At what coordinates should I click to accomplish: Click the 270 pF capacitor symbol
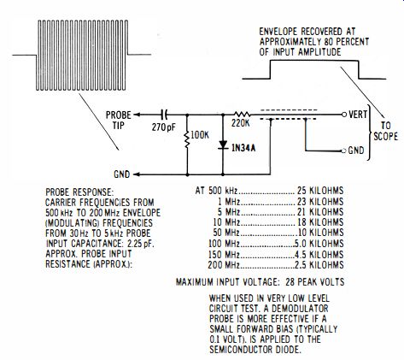(164, 115)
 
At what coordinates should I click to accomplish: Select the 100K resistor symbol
(187, 139)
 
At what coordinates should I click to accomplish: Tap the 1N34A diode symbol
(223, 145)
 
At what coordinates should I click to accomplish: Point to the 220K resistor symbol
(242, 115)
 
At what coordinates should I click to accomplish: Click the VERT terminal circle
(344, 115)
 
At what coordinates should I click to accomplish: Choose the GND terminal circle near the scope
(344, 150)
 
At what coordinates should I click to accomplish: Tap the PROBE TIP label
(119, 120)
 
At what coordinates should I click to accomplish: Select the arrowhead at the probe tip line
(137, 115)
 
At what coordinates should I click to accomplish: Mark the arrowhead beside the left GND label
(137, 174)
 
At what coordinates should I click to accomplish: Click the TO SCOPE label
(386, 131)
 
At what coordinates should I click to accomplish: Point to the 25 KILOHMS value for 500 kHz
(320, 191)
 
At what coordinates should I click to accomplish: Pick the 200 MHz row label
(224, 265)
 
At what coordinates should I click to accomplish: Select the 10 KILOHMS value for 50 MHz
(320, 233)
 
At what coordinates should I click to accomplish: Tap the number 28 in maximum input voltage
(290, 282)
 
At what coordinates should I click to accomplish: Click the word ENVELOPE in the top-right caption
(278, 32)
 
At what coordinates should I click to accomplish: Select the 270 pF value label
(164, 127)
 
